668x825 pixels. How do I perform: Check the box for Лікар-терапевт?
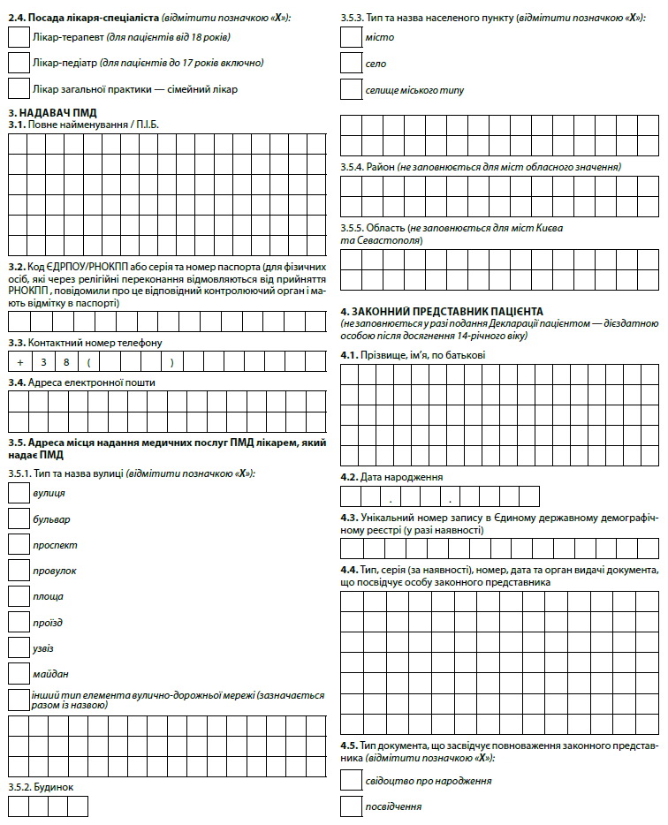click(x=18, y=37)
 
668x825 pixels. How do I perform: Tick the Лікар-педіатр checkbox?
click(x=18, y=63)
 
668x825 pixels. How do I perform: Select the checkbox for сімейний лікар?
click(x=18, y=88)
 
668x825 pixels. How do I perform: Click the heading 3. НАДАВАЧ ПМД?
click(x=52, y=113)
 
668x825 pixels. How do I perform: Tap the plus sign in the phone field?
click(x=19, y=362)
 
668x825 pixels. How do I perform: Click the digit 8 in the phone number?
click(x=68, y=362)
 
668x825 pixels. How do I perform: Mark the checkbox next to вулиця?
click(x=18, y=493)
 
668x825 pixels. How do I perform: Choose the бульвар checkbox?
click(x=18, y=518)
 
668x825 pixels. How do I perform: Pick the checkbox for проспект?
click(x=18, y=544)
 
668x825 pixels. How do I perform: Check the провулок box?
click(x=18, y=571)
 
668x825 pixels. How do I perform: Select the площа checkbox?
click(x=18, y=596)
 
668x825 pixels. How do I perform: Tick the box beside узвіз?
click(x=18, y=647)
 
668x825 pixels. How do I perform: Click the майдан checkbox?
click(x=18, y=673)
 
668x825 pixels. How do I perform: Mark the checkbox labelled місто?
click(x=351, y=37)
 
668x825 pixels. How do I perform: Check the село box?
click(x=351, y=64)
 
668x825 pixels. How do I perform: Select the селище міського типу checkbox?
click(x=351, y=89)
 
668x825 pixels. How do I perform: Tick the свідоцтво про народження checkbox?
click(x=351, y=780)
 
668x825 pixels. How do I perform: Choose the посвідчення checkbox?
click(x=351, y=806)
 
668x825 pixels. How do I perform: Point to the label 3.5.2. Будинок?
click(x=41, y=785)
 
